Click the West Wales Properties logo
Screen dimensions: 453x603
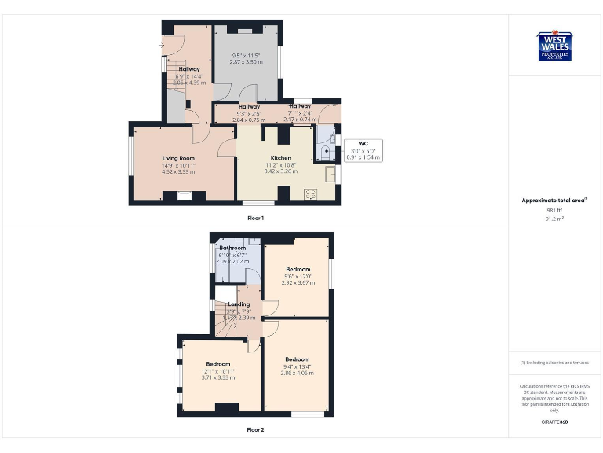[x=554, y=46]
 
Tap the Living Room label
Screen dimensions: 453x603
[x=178, y=158]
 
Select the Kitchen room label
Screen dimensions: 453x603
[x=280, y=158]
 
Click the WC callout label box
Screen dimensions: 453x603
[x=363, y=150]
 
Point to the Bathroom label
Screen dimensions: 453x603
[x=232, y=248]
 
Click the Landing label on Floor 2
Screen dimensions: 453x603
[x=239, y=304]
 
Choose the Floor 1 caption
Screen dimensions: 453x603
[x=255, y=217]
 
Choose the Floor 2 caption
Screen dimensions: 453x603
[x=255, y=429]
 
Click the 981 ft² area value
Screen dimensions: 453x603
[x=554, y=210]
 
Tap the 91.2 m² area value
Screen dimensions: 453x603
[x=554, y=219]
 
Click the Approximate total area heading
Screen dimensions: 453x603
[x=554, y=201]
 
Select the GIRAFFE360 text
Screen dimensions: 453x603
[x=554, y=422]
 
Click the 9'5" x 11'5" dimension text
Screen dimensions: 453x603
[x=246, y=55]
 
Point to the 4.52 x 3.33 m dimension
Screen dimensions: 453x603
[x=178, y=171]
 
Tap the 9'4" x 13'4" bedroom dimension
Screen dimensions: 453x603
[x=297, y=366]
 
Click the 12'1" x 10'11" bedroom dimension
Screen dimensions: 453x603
[x=218, y=370]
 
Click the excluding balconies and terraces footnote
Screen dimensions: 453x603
[x=554, y=362]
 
